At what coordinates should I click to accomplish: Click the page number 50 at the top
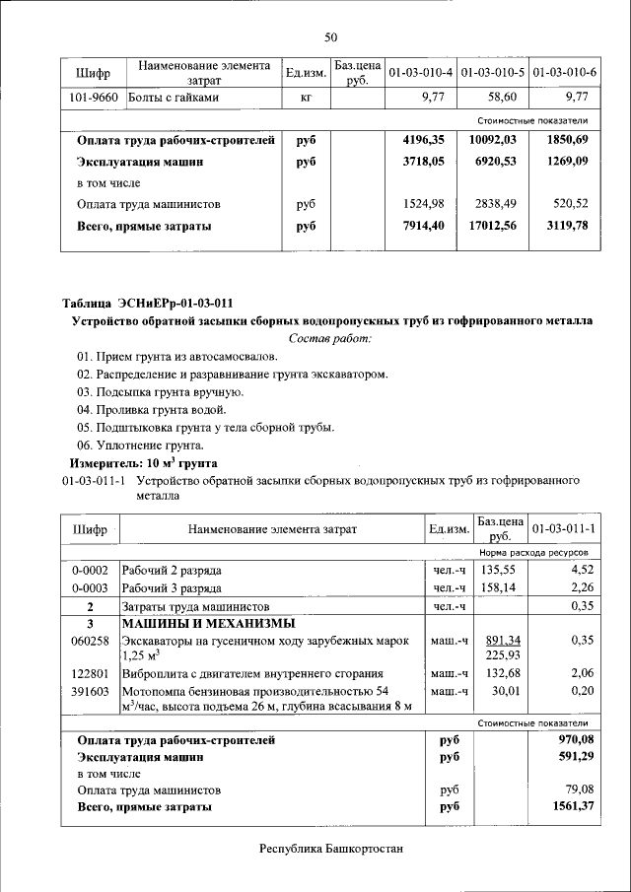pos(330,37)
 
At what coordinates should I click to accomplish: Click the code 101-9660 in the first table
pos(94,98)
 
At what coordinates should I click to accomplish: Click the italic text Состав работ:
pos(330,338)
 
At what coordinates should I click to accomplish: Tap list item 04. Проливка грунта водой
pos(151,409)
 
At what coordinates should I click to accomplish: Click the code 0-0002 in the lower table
pos(90,571)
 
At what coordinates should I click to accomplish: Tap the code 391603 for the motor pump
pos(90,691)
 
